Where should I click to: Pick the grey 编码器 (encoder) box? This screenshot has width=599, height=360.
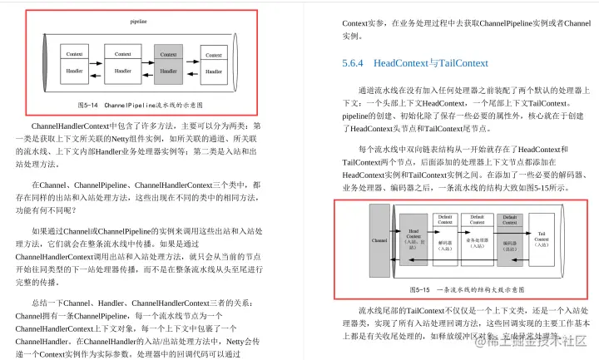pyautogui.click(x=509, y=241)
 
